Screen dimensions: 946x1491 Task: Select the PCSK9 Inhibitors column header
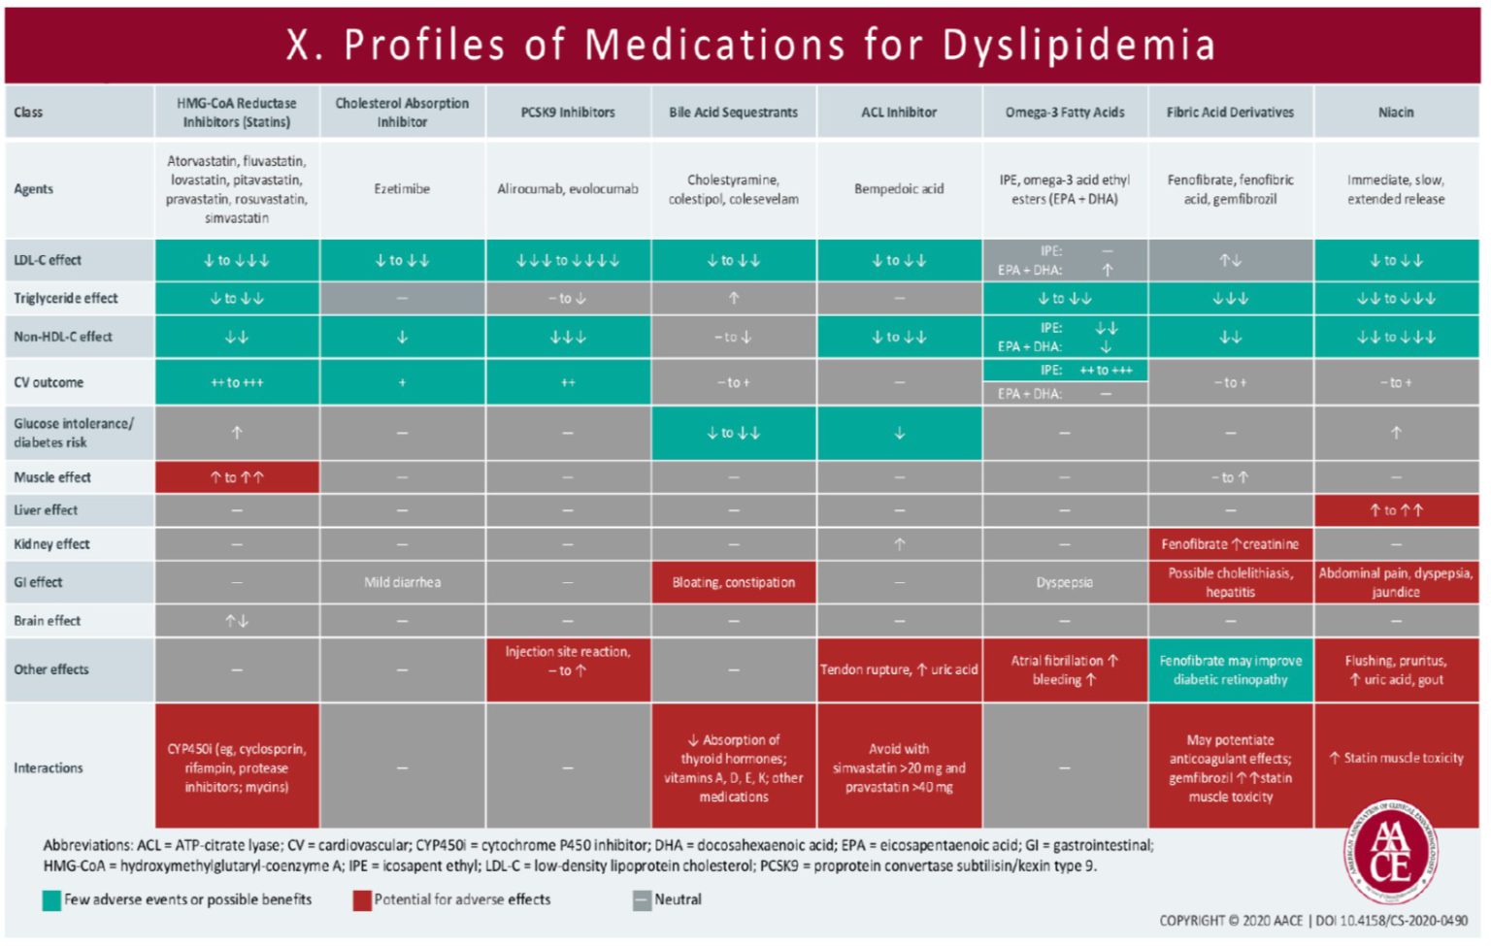(x=568, y=113)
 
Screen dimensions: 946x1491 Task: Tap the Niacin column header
(x=1396, y=113)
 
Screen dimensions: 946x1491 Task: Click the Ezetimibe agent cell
(x=402, y=189)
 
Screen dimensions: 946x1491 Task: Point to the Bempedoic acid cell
(x=899, y=189)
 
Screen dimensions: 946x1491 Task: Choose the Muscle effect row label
(x=52, y=477)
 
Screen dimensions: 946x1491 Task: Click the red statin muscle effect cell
(x=237, y=477)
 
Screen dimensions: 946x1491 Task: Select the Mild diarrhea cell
(x=402, y=582)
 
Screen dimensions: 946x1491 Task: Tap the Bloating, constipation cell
(x=733, y=582)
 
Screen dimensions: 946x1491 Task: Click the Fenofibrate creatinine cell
(x=1230, y=544)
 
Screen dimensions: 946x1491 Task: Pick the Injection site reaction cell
(x=568, y=661)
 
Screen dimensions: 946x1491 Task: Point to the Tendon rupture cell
(x=899, y=669)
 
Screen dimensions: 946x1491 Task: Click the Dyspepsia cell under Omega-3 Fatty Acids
(x=1065, y=582)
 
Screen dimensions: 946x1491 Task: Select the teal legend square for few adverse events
(x=51, y=900)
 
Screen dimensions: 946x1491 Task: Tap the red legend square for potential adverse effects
(x=362, y=900)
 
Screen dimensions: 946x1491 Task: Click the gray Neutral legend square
(x=642, y=900)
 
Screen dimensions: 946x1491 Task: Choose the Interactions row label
(x=49, y=767)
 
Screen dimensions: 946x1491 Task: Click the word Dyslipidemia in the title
(x=1078, y=45)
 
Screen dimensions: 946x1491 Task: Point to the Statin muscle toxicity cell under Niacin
(x=1396, y=758)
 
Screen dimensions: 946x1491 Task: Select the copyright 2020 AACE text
(x=1231, y=920)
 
